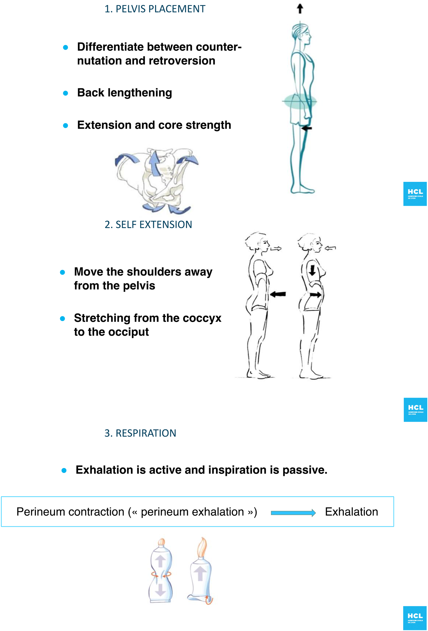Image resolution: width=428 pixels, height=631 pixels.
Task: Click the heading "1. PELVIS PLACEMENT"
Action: tap(155, 9)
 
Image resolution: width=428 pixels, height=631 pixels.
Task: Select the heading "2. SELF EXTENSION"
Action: tap(148, 224)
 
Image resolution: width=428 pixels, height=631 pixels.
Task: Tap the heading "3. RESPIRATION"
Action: tap(140, 433)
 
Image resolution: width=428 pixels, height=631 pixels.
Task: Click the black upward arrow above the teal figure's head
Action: tap(300, 8)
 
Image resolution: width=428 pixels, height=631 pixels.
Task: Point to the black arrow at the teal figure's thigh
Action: tap(306, 128)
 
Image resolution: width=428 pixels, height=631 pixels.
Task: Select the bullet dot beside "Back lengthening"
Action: tap(65, 93)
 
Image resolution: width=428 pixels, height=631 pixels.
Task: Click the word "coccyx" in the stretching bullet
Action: tap(202, 318)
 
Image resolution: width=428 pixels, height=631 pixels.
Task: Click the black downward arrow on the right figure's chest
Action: tap(312, 270)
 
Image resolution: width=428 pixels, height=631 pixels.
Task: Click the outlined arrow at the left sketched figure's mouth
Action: tap(276, 249)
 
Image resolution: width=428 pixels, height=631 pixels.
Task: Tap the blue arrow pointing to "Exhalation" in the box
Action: tap(293, 513)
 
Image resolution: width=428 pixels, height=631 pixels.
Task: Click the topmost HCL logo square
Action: tap(415, 194)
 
